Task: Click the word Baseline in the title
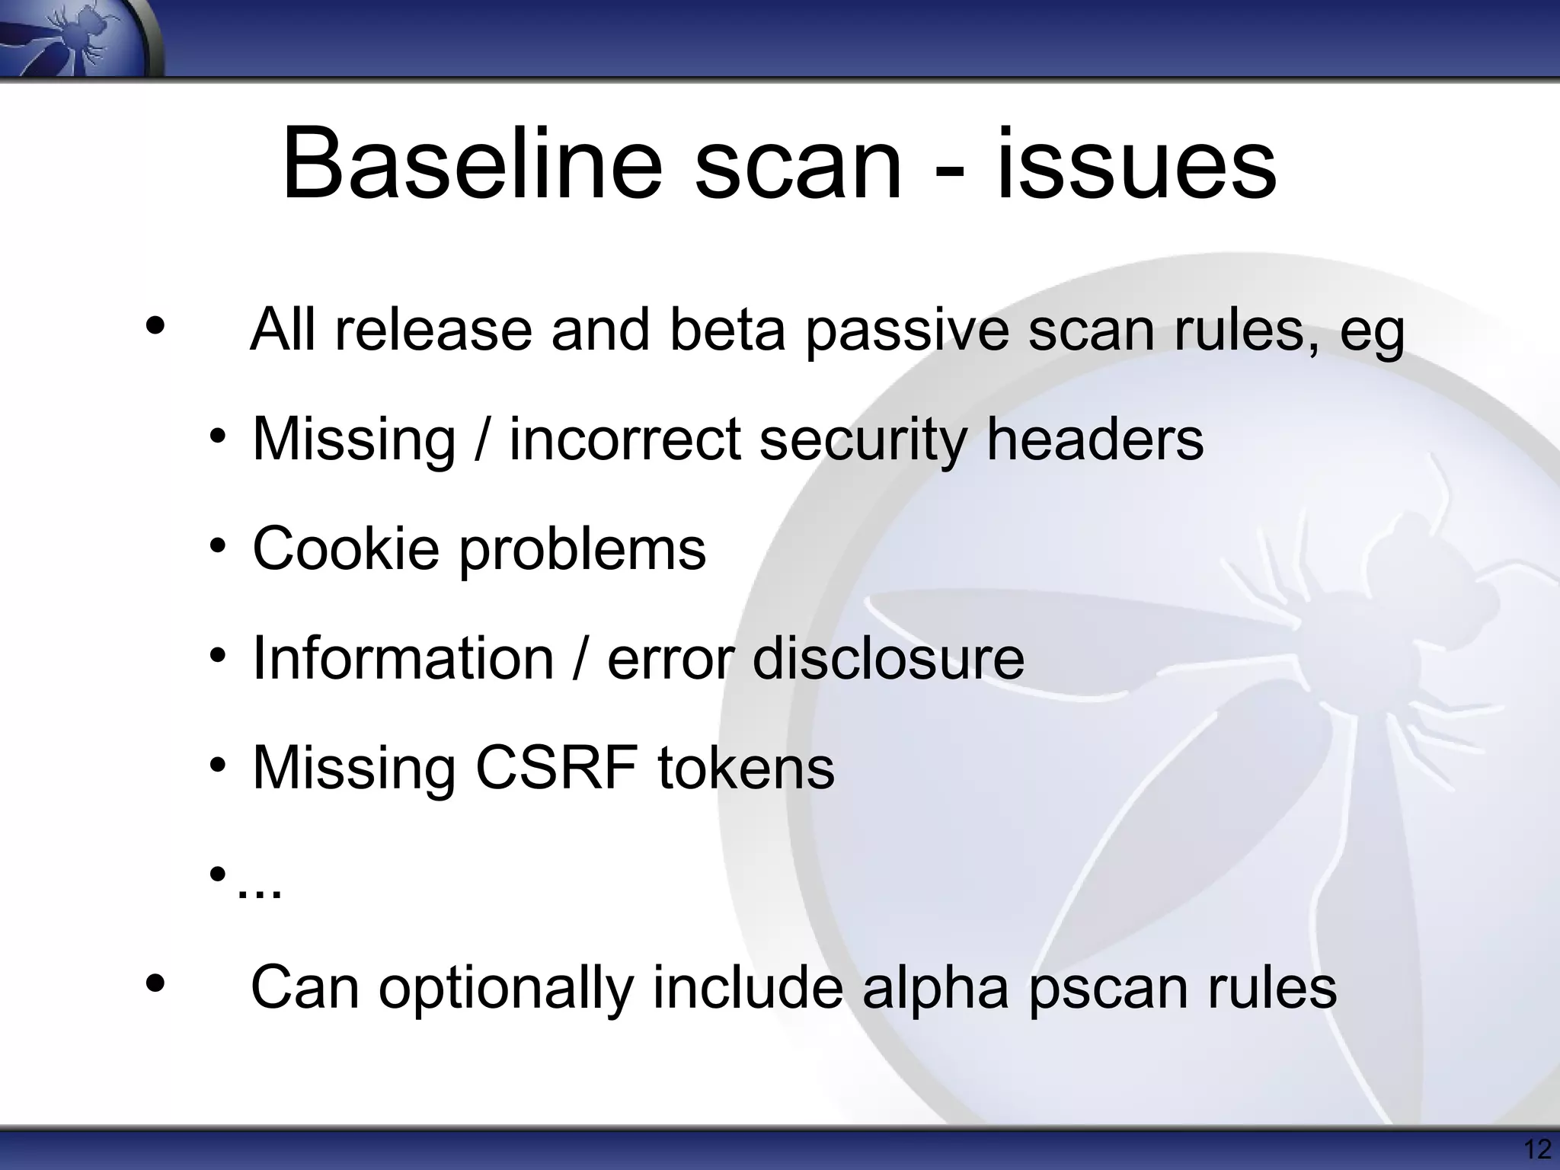click(x=472, y=165)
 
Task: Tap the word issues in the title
click(x=1136, y=165)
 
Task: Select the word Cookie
click(x=346, y=548)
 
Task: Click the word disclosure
click(x=888, y=657)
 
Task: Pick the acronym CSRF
click(x=557, y=767)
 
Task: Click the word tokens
click(x=746, y=767)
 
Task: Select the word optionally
click(x=506, y=989)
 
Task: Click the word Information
click(x=403, y=657)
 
